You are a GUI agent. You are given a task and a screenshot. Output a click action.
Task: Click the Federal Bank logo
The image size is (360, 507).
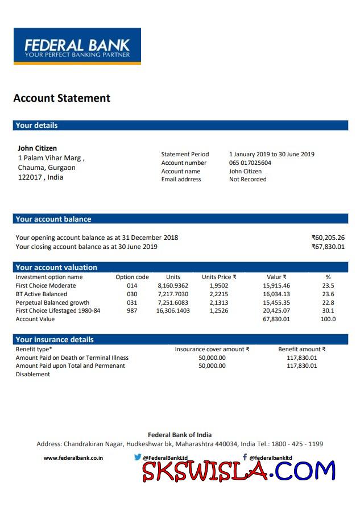pyautogui.click(x=77, y=47)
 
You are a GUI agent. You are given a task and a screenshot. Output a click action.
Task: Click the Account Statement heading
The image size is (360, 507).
pyautogui.click(x=61, y=98)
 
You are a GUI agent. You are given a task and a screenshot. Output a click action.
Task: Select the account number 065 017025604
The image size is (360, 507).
pyautogui.click(x=250, y=163)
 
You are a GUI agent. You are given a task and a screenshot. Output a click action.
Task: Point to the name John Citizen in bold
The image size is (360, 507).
pyautogui.click(x=38, y=148)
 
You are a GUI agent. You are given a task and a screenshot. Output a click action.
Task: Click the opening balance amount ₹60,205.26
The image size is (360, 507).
pyautogui.click(x=328, y=238)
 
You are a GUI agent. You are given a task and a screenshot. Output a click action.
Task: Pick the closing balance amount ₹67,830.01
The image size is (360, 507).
pyautogui.click(x=328, y=247)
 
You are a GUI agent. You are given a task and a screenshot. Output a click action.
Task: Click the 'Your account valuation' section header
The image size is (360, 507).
pyautogui.click(x=56, y=268)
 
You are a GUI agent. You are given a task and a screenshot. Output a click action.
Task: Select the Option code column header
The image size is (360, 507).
pyautogui.click(x=132, y=277)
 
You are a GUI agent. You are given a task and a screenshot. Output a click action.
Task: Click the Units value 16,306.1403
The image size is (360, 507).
pyautogui.click(x=173, y=311)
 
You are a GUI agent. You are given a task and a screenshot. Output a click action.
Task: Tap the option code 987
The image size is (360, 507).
pyautogui.click(x=132, y=311)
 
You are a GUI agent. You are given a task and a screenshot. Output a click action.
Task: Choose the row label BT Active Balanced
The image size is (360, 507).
pyautogui.click(x=42, y=294)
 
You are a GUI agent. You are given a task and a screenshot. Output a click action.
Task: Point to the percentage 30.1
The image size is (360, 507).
pyautogui.click(x=328, y=311)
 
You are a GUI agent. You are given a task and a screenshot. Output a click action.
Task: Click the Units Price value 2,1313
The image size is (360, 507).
pyautogui.click(x=219, y=302)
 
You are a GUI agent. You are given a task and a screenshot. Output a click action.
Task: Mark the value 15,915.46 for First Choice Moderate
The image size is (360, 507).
pyautogui.click(x=276, y=286)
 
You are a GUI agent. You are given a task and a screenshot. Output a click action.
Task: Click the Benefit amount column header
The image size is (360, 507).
pyautogui.click(x=301, y=350)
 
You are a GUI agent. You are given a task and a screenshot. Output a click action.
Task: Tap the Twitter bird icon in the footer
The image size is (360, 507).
pyautogui.click(x=138, y=457)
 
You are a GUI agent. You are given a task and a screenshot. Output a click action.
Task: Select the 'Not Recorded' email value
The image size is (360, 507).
pyautogui.click(x=247, y=180)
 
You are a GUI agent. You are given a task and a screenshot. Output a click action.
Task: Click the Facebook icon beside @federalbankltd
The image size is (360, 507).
pyautogui.click(x=245, y=457)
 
